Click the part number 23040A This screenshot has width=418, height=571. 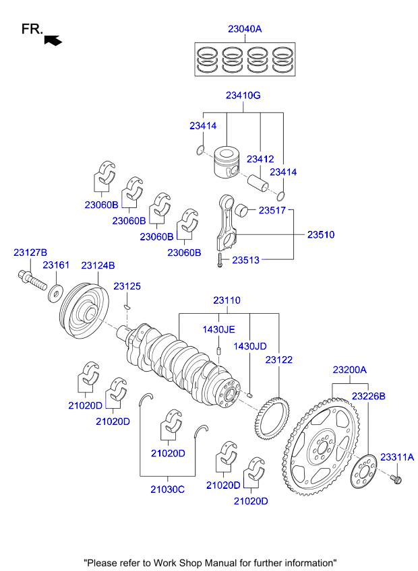pos(244,29)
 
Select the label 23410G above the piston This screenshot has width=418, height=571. pos(243,96)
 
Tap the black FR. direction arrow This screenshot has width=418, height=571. pos(53,40)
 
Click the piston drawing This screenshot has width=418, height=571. pos(227,163)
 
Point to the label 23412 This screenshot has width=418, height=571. pos(260,159)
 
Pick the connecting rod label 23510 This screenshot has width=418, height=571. pos(321,235)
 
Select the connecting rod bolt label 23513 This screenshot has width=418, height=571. pos(246,259)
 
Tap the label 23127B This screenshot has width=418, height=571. pos(30,253)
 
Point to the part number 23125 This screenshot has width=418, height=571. pos(127,286)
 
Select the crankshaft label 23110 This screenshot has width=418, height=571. pos(227,300)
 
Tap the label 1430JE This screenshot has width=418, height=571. pos(219,329)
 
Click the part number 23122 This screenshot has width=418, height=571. pos(278,360)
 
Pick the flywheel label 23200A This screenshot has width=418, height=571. pos(349,370)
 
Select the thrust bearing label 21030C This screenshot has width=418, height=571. pos(167,490)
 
